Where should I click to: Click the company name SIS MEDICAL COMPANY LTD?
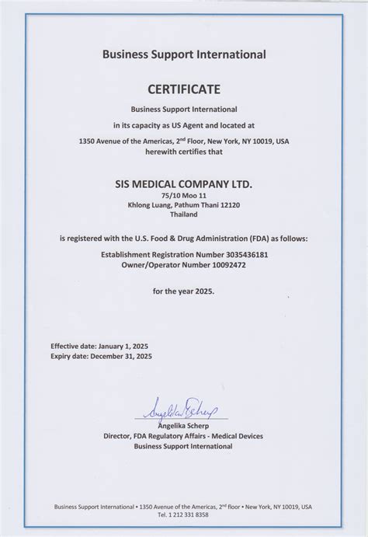[183, 184]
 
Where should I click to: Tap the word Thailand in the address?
[183, 214]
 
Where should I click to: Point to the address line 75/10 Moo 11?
[183, 197]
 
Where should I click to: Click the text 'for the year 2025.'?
[183, 291]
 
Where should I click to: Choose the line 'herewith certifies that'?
[183, 151]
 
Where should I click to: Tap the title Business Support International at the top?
[183, 54]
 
